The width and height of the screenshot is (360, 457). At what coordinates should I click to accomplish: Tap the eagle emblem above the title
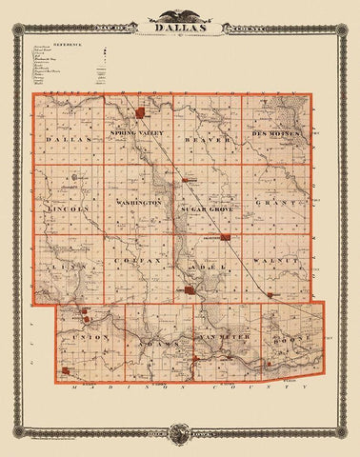coord(180,13)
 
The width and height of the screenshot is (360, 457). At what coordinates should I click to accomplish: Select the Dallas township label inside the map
coord(66,139)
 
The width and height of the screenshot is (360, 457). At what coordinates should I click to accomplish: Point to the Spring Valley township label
coord(138,132)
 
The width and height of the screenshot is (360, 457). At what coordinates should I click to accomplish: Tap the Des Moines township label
coord(277,134)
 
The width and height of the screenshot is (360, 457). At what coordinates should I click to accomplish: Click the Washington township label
coord(139,203)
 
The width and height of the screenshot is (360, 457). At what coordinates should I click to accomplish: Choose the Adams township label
coord(152,340)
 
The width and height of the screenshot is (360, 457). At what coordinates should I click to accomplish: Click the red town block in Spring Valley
coord(141,113)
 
